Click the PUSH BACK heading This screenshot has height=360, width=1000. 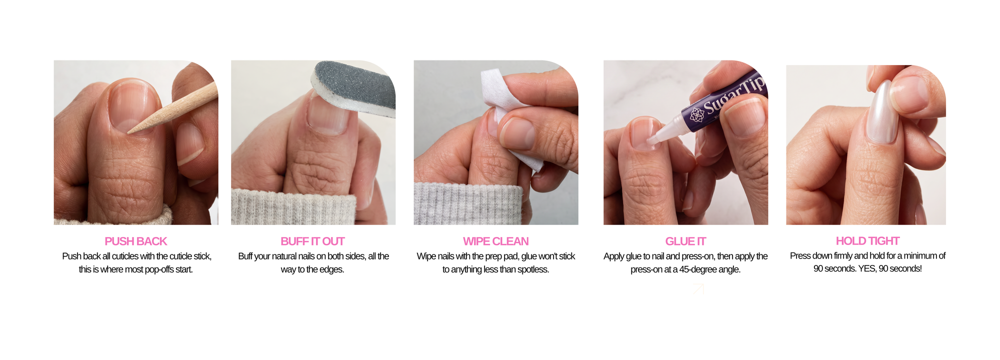point(135,241)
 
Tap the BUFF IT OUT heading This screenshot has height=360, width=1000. point(312,241)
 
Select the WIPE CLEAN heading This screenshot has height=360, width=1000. point(495,241)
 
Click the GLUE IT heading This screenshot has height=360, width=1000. point(685,241)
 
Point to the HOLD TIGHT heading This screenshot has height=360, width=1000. point(867,241)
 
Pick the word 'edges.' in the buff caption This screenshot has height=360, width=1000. point(332,269)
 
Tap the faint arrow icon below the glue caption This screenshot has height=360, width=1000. point(698,289)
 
